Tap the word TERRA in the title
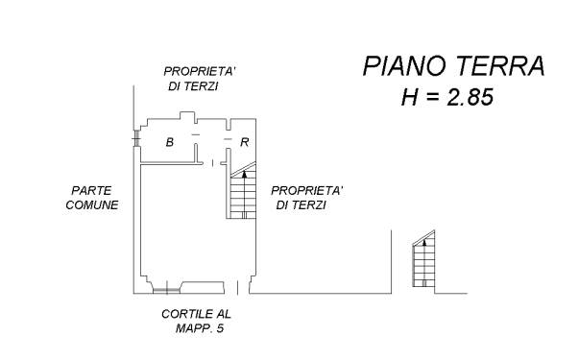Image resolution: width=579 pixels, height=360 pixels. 501,66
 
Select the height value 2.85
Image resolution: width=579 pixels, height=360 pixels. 470,98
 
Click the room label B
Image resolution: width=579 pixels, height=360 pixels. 170,142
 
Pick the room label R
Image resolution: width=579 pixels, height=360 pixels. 245,142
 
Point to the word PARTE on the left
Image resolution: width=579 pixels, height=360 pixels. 91,191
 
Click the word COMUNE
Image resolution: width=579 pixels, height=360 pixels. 92,204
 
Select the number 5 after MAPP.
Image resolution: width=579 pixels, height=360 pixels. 221,328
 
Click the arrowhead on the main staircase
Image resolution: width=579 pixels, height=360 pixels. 244,175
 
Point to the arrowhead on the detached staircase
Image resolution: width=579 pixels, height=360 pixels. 424,243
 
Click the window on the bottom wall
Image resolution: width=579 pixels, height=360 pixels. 166,291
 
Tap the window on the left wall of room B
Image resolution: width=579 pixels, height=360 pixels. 136,138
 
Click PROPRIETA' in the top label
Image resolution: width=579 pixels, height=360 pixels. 200,71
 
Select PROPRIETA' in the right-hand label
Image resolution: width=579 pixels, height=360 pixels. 307,191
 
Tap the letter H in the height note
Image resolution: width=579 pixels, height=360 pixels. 409,98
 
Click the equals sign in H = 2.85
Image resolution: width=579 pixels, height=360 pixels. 432,98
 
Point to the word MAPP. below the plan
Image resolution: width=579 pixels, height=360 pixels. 194,328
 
